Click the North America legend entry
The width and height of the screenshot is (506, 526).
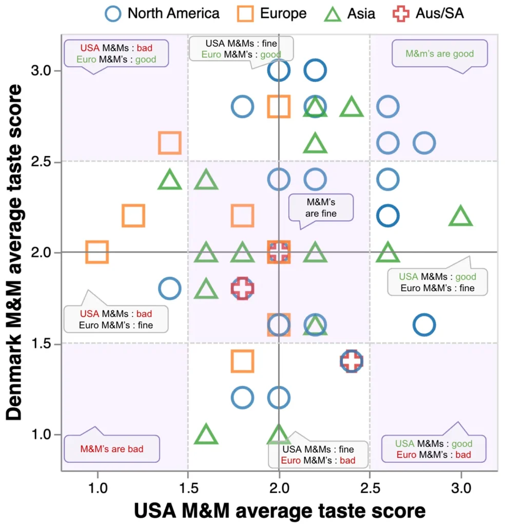click(x=163, y=13)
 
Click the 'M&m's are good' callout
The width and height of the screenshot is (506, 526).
click(x=439, y=53)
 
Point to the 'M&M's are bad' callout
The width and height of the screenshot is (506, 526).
click(x=111, y=448)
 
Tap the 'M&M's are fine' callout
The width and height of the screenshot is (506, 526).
click(x=321, y=207)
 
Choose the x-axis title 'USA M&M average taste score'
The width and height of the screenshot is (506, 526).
click(x=280, y=511)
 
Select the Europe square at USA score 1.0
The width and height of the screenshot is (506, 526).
click(x=97, y=252)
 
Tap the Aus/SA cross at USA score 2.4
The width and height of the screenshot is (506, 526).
click(x=352, y=361)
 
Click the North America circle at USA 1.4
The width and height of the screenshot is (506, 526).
click(x=170, y=289)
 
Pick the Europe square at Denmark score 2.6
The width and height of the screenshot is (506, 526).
click(x=170, y=143)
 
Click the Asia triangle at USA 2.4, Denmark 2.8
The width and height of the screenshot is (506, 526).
click(x=352, y=107)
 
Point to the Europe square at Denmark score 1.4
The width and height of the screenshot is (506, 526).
click(x=242, y=361)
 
